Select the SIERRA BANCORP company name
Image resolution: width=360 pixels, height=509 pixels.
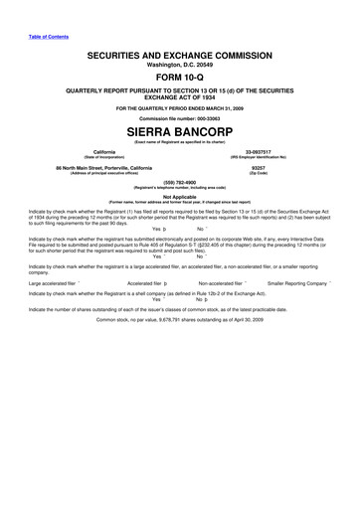click(180, 130)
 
